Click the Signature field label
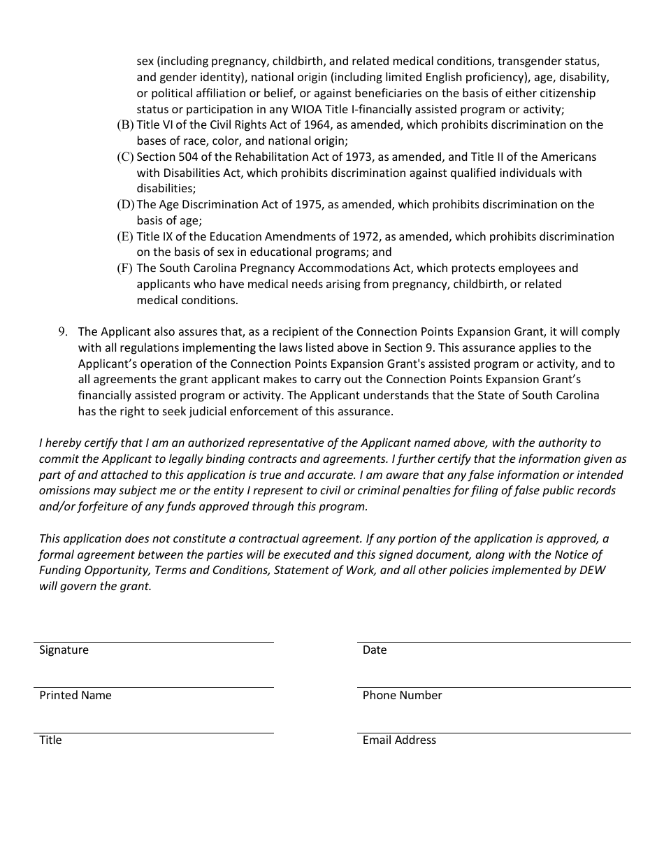point(64,650)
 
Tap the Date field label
point(374,650)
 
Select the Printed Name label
point(75,695)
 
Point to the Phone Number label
point(402,695)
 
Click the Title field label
point(50,740)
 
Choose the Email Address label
point(399,740)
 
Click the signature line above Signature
point(153,641)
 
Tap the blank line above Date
point(493,641)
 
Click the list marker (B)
point(125,125)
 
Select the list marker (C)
point(125,157)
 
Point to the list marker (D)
point(125,205)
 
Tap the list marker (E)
point(125,237)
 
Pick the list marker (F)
point(125,268)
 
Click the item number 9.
point(63,332)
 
